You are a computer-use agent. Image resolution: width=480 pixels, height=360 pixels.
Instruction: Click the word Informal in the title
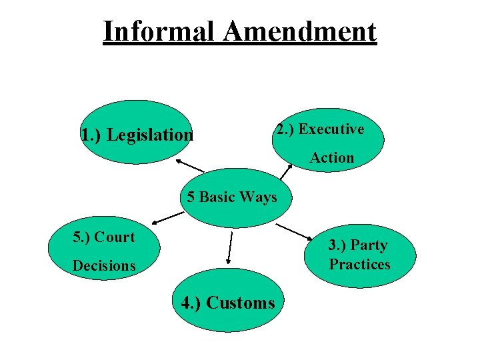pyautogui.click(x=158, y=31)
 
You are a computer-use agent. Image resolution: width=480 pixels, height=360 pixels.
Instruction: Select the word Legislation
pyautogui.click(x=149, y=135)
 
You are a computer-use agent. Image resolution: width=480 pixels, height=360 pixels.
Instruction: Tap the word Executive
pyautogui.click(x=331, y=129)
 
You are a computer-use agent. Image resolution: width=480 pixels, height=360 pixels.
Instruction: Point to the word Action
pyautogui.click(x=331, y=158)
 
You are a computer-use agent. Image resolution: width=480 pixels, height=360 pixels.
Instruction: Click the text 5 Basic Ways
pyautogui.click(x=231, y=197)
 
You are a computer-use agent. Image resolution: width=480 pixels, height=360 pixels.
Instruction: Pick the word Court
pyautogui.click(x=115, y=237)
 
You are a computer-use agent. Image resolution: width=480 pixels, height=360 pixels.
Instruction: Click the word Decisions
pyautogui.click(x=104, y=265)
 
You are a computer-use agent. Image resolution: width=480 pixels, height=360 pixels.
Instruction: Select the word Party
pyautogui.click(x=369, y=245)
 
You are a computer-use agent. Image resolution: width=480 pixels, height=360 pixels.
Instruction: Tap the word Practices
pyautogui.click(x=359, y=264)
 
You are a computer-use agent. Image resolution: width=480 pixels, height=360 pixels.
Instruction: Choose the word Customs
pyautogui.click(x=241, y=303)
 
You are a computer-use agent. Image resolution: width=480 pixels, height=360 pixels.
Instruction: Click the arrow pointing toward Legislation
pyautogui.click(x=190, y=166)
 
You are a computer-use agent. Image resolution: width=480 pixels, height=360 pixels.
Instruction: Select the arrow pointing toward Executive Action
pyautogui.click(x=285, y=172)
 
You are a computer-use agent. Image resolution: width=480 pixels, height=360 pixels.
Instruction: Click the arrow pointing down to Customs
pyautogui.click(x=230, y=249)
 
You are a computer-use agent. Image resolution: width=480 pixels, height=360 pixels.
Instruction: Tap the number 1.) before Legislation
pyautogui.click(x=91, y=135)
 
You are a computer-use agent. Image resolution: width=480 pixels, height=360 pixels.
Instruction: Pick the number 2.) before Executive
pyautogui.click(x=285, y=129)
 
